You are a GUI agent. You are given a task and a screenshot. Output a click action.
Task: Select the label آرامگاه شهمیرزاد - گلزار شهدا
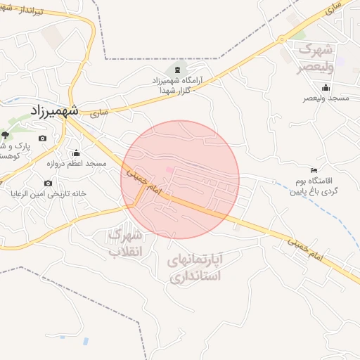(177, 86)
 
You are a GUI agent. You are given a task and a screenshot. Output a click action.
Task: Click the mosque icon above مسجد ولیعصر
(326, 88)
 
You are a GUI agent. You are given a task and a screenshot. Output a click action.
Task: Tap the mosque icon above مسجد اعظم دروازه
(76, 153)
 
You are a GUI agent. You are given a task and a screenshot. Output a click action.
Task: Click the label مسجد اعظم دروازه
(77, 163)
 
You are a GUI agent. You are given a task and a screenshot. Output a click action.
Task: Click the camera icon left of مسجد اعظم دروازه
(42, 137)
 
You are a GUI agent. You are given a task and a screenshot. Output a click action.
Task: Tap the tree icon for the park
(6, 134)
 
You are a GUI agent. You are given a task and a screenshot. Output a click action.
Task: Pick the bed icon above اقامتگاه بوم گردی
(314, 170)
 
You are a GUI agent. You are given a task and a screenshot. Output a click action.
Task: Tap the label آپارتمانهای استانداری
(195, 268)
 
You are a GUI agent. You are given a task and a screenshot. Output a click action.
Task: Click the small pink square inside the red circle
(169, 169)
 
